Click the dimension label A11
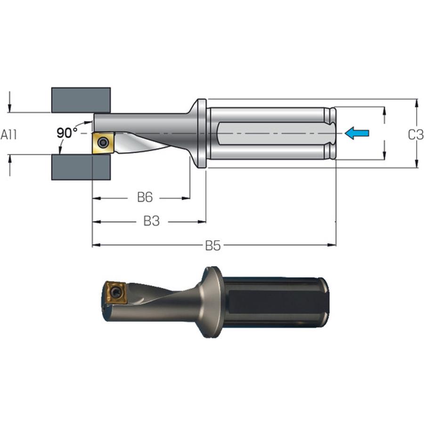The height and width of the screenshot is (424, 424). [x=8, y=134]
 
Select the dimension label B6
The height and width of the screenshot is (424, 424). [x=145, y=197]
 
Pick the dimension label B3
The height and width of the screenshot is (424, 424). [x=151, y=221]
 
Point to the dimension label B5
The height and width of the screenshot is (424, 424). [x=213, y=245]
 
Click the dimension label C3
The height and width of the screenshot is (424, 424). [x=416, y=135]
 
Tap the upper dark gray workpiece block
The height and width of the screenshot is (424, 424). [x=81, y=100]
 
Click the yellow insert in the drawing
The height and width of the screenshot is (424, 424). [x=103, y=142]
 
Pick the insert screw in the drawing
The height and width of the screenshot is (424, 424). [x=103, y=142]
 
